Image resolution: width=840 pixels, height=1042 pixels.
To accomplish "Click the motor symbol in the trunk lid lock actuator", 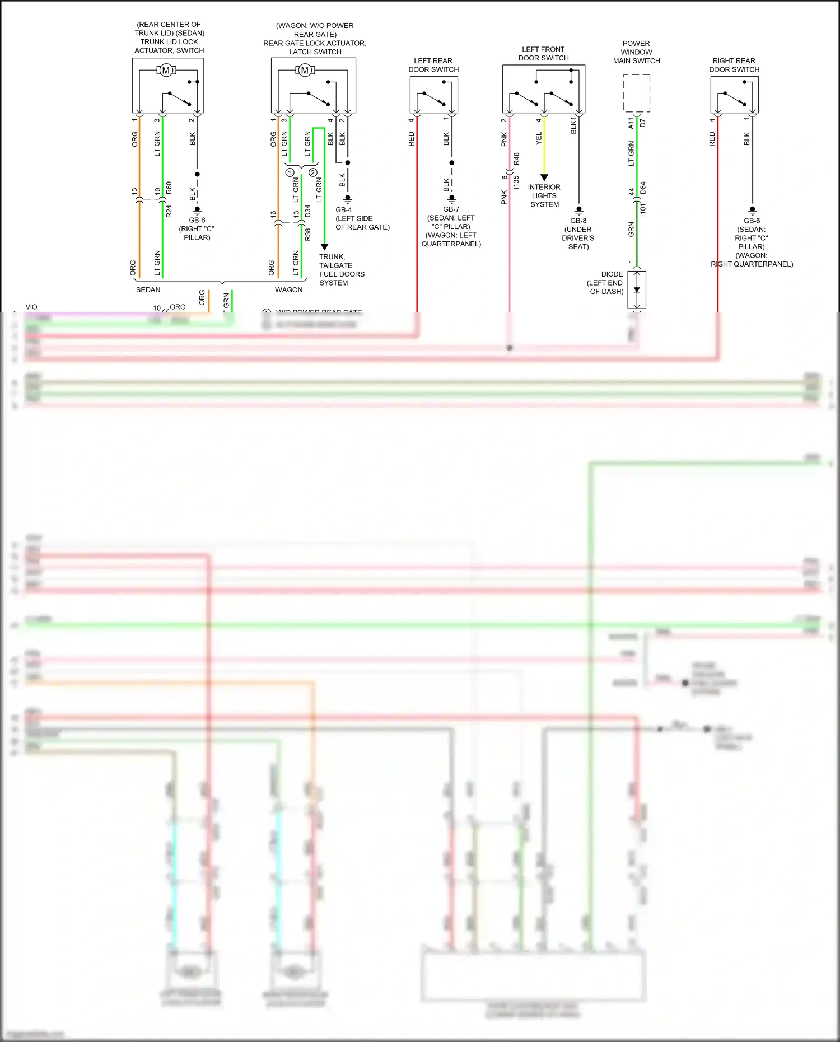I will click(166, 70).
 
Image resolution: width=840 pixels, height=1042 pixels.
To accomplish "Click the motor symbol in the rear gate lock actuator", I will click(305, 70).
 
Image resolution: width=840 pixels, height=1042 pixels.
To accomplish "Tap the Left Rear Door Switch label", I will click(433, 65).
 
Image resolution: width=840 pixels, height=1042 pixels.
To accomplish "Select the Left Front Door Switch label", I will click(543, 54).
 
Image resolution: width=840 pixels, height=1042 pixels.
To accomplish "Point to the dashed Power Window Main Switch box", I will click(637, 94).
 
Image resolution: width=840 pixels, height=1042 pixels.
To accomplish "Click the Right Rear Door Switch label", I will click(734, 65).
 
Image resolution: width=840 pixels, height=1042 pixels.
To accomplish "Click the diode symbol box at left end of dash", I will click(637, 289).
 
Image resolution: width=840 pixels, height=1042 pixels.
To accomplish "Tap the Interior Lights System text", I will click(544, 195).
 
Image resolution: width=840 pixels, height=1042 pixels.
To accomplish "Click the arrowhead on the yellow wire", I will click(544, 177).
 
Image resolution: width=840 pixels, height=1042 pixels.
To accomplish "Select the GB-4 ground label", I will click(344, 210).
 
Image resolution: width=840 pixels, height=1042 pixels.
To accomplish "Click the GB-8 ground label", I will click(578, 221).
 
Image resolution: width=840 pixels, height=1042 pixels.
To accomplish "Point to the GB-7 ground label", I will click(451, 209).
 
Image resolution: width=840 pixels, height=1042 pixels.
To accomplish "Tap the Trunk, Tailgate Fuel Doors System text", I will click(342, 270).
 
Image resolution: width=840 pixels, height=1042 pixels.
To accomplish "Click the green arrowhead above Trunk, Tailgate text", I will click(324, 246).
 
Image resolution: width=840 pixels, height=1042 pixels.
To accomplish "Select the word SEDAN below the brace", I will click(148, 290).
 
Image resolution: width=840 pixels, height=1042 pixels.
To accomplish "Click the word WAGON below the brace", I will click(288, 290).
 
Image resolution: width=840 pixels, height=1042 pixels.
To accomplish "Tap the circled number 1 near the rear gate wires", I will click(290, 172).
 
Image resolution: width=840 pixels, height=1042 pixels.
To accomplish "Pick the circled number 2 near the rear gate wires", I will click(312, 172).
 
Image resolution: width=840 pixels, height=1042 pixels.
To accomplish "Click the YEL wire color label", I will click(539, 138).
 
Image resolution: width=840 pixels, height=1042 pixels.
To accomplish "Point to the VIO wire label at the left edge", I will click(31, 307).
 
